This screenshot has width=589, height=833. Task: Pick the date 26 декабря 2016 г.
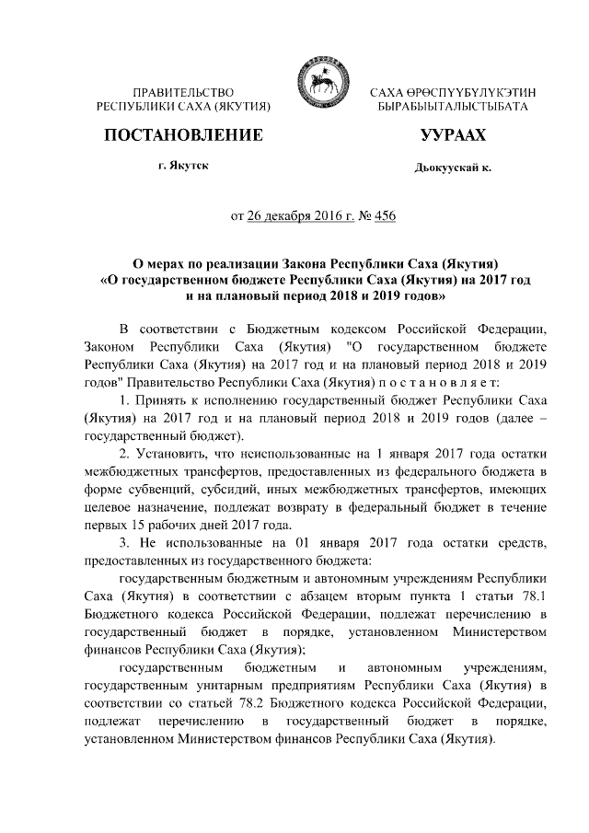(x=300, y=217)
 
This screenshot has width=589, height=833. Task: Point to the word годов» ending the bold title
(x=425, y=296)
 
